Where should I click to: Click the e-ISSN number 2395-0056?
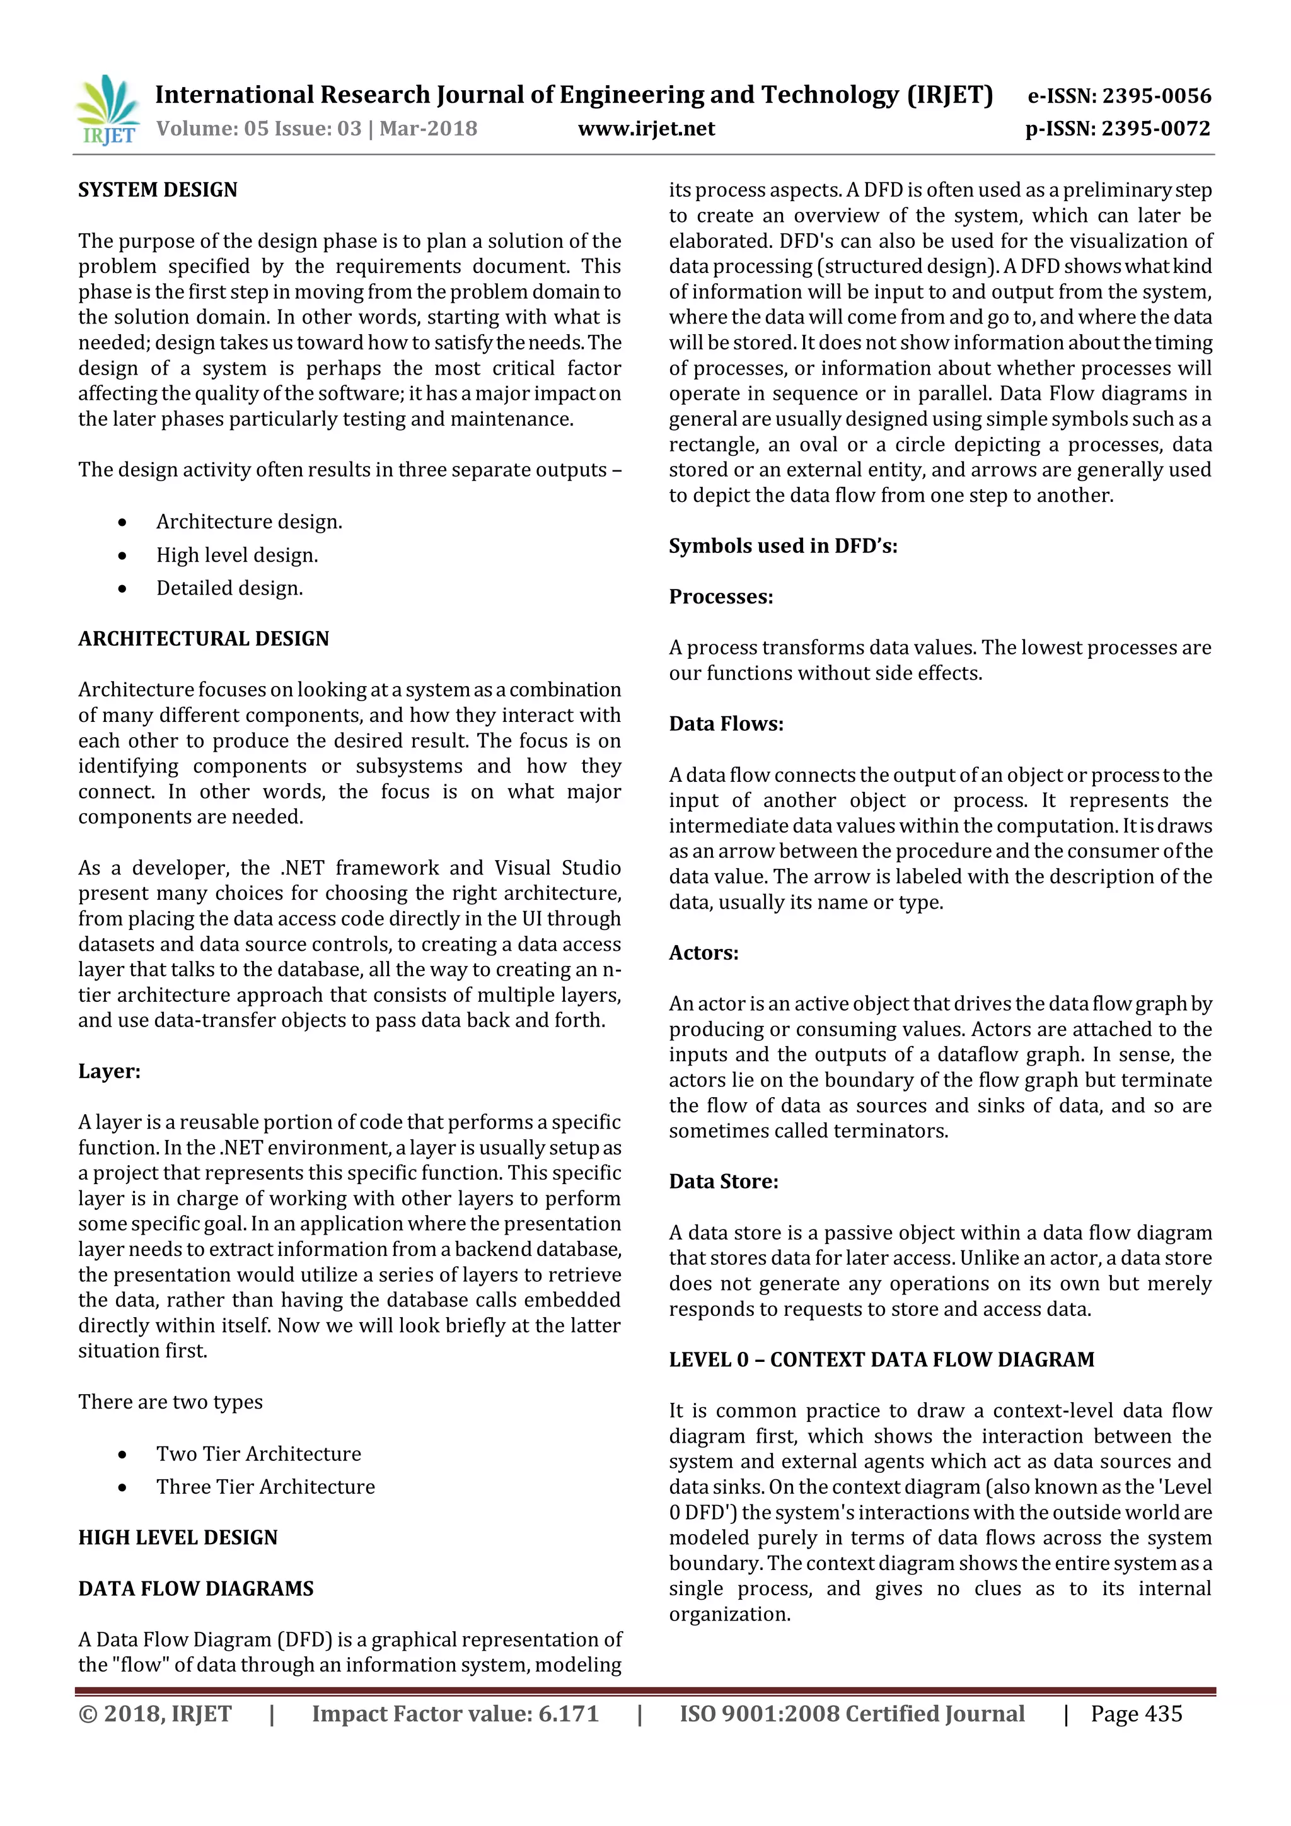click(1120, 96)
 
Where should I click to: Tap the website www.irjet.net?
click(645, 129)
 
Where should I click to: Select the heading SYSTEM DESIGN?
click(158, 190)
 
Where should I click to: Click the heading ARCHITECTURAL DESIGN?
click(204, 639)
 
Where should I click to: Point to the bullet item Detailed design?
click(229, 588)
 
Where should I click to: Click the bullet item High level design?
click(237, 555)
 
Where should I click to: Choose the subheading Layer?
click(109, 1071)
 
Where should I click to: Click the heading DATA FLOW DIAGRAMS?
click(195, 1588)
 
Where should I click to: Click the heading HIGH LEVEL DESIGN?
click(178, 1537)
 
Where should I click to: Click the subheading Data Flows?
click(726, 724)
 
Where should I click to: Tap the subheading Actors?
click(703, 953)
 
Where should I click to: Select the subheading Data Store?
click(724, 1181)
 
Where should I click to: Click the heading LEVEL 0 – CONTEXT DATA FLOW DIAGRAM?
click(881, 1359)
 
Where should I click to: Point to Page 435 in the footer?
click(1136, 1714)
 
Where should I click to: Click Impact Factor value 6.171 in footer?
click(454, 1714)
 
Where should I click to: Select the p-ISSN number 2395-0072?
click(1118, 129)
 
